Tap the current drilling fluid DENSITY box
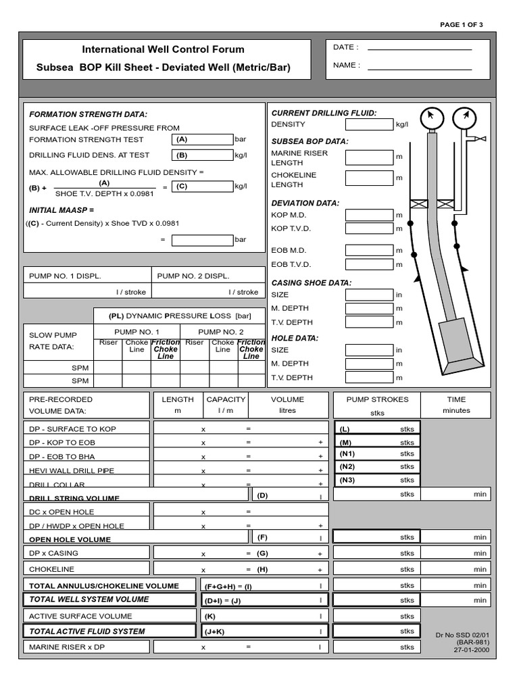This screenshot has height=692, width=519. click(x=369, y=124)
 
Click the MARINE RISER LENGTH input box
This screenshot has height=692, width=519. click(x=369, y=157)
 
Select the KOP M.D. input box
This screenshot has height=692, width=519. click(x=369, y=216)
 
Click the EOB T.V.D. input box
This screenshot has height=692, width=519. click(x=369, y=264)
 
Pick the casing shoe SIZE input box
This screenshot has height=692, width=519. click(x=369, y=295)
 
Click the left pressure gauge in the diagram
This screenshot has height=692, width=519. click(x=430, y=118)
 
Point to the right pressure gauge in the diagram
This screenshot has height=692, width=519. click(x=463, y=118)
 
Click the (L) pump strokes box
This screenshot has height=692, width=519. click(x=377, y=429)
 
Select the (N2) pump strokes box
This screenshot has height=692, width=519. click(x=377, y=467)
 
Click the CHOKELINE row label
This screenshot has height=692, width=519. click(x=52, y=569)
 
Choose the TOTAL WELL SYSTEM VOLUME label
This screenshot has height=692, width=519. click(x=89, y=599)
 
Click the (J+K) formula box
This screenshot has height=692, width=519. click(x=264, y=631)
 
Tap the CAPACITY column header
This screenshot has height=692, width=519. click(x=226, y=399)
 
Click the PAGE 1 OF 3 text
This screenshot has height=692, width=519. click(x=462, y=24)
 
